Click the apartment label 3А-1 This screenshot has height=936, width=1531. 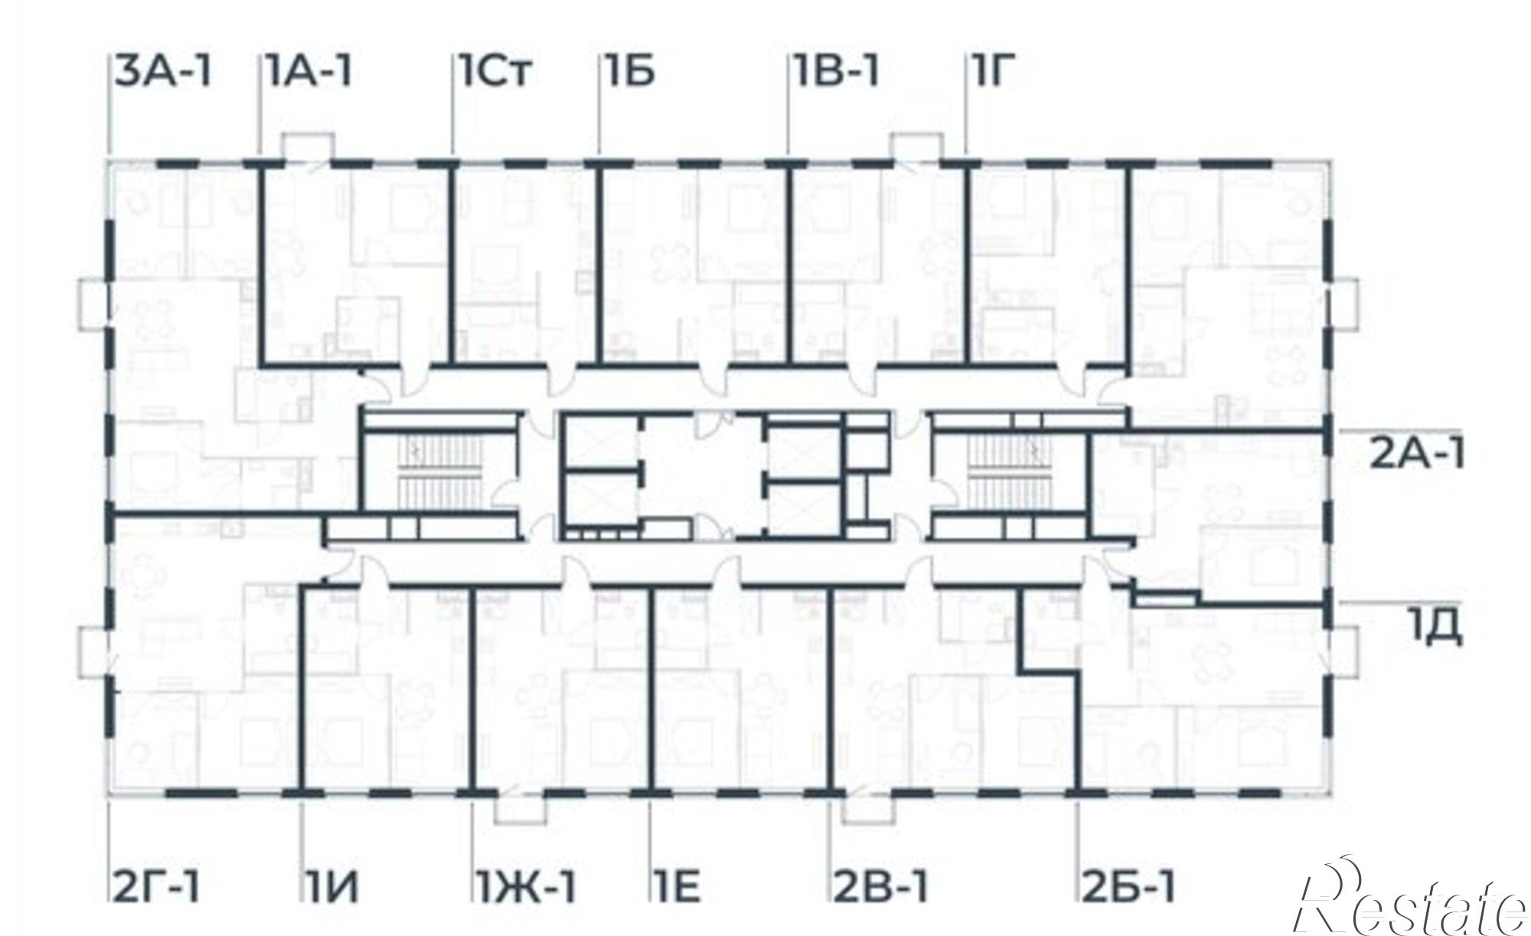coord(163,72)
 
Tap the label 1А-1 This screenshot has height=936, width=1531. coord(310,72)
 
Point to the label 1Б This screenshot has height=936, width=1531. coord(628,72)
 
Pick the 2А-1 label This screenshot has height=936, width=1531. coord(1417,455)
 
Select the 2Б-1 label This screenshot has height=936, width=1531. coord(1129,889)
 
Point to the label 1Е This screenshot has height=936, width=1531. coord(676,889)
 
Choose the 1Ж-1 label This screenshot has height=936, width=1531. coord(527,889)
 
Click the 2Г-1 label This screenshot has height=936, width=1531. coord(155,889)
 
